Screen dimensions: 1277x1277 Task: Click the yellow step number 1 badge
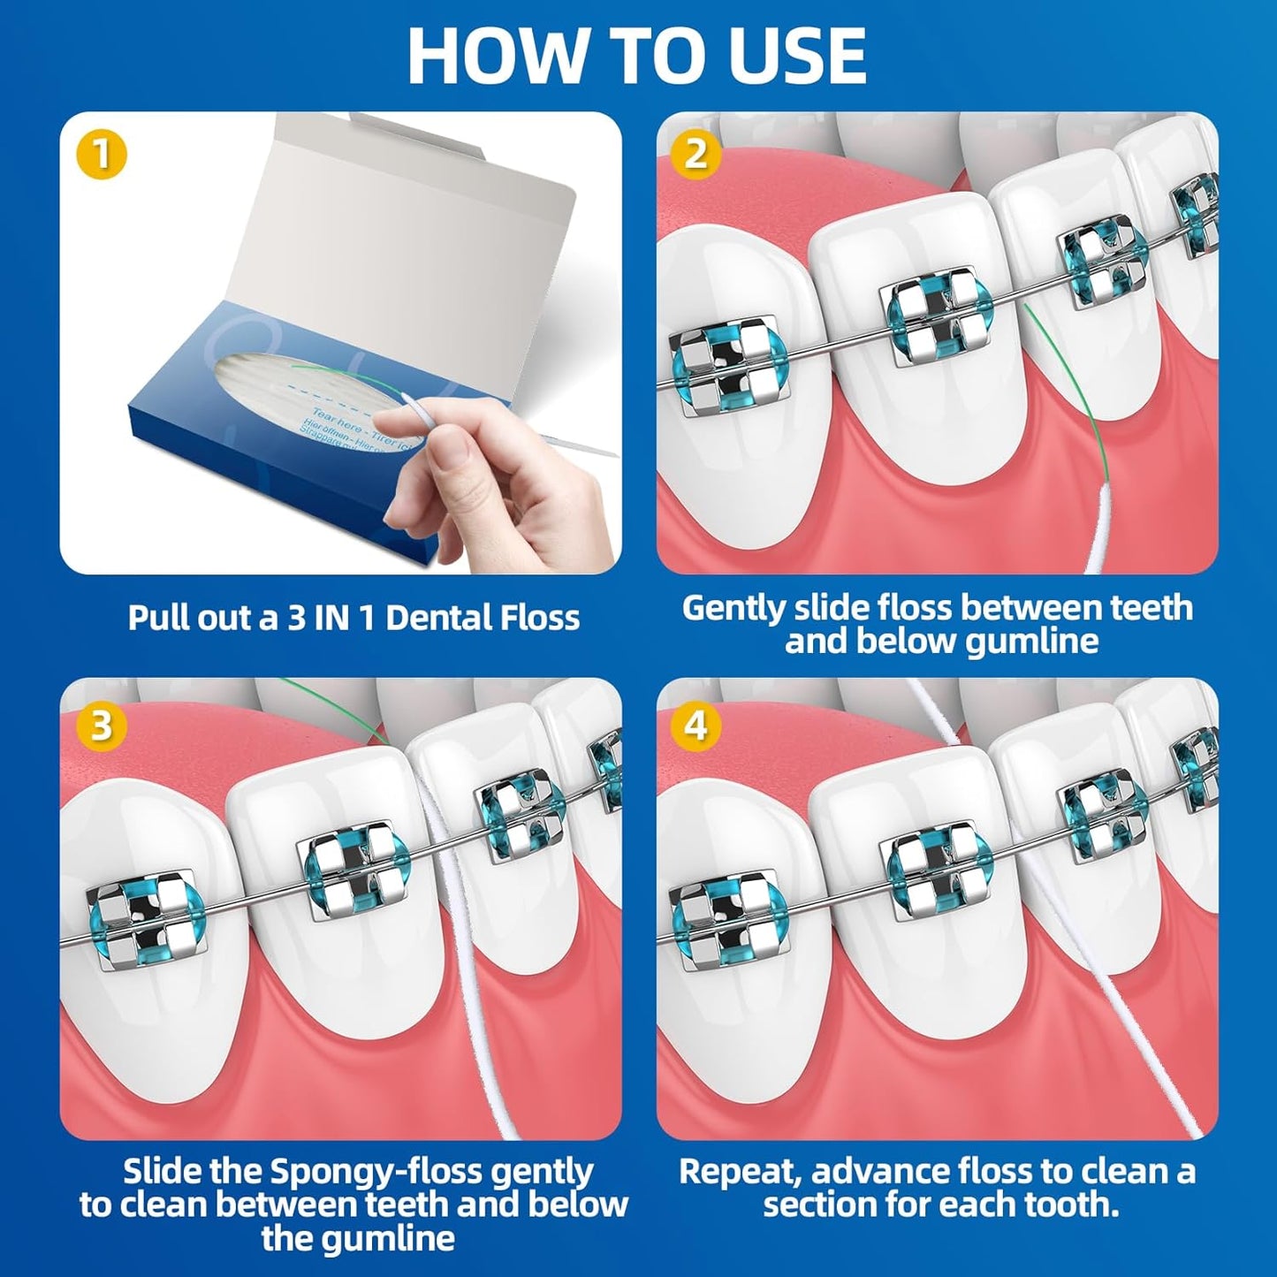point(103,155)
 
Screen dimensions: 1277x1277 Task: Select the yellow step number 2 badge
point(696,155)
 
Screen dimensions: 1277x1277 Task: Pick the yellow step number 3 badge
point(103,726)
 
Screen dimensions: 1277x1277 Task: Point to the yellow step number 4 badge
point(696,726)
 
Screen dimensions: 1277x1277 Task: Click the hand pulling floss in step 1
point(477,477)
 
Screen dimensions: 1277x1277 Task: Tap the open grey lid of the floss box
point(424,221)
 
